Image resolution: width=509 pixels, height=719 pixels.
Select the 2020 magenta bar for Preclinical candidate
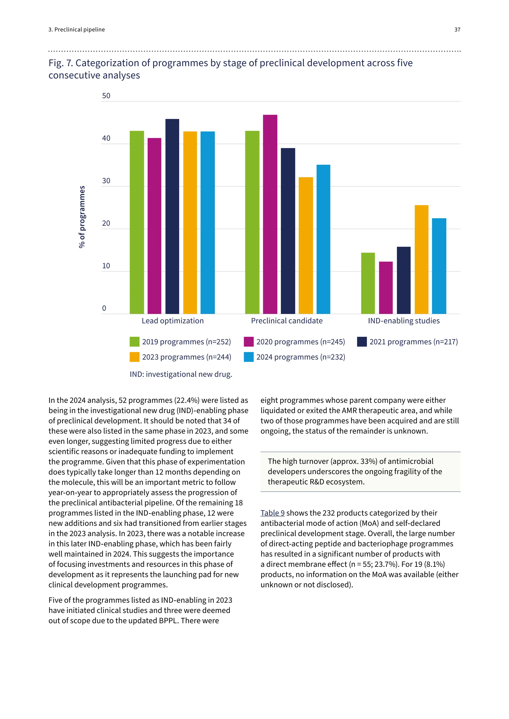(x=270, y=214)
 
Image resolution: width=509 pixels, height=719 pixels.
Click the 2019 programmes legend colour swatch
(x=134, y=342)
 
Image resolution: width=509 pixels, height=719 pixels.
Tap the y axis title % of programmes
(x=82, y=217)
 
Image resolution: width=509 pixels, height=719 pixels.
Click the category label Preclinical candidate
(x=287, y=321)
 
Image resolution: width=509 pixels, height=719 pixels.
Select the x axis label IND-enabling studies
(x=404, y=321)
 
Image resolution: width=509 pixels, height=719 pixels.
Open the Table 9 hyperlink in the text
(x=272, y=513)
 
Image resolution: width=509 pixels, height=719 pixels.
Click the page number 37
(x=457, y=30)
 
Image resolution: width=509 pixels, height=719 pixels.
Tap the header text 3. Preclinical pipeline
(x=77, y=30)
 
